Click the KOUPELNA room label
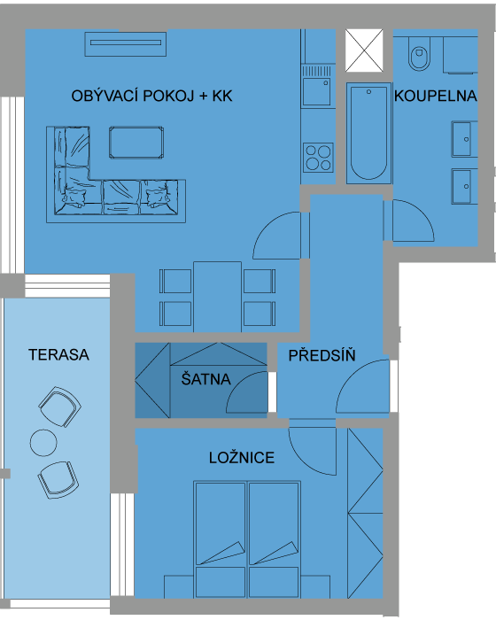[x=435, y=96]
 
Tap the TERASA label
[x=58, y=354]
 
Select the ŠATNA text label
[x=205, y=379]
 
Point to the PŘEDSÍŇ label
[x=322, y=355]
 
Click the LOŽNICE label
[x=242, y=458]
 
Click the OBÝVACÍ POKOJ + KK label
[x=151, y=96]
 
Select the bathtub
[x=368, y=133]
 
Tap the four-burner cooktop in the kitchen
[x=318, y=158]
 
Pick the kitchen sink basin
[x=316, y=91]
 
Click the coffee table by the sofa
[x=136, y=143]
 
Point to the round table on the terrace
[x=43, y=443]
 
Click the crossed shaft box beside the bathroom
[x=364, y=50]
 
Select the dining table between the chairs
[x=217, y=297]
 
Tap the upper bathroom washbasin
[x=463, y=139]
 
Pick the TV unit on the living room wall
[x=126, y=44]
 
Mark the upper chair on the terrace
[x=59, y=407]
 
